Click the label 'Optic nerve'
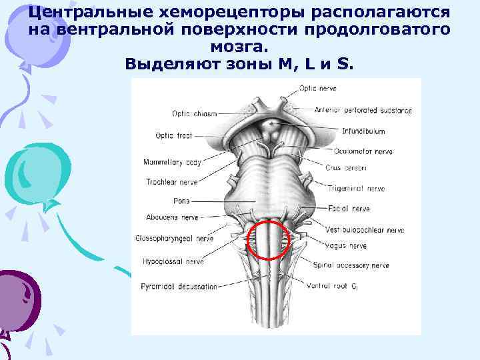coord(317,87)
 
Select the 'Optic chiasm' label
coord(195,113)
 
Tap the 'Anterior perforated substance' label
coord(363,110)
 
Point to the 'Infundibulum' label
coord(363,131)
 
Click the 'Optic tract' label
coord(173,135)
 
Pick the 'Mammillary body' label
coord(172,162)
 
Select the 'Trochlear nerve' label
coord(171,181)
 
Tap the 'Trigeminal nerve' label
coord(357,189)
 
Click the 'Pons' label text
coord(181,201)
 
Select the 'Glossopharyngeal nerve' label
coord(173,238)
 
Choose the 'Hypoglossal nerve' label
coord(173,261)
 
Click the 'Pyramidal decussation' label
coord(179,287)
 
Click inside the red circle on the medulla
coord(269,241)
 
